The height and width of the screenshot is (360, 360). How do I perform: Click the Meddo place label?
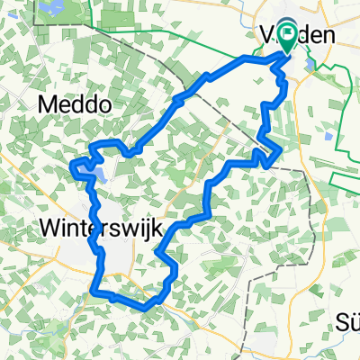[76, 105]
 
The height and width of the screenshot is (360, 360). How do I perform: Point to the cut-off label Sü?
[347, 322]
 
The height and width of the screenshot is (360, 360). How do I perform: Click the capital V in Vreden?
[267, 37]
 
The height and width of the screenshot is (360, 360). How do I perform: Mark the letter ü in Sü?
[353, 322]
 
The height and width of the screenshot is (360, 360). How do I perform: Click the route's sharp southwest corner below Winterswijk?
[94, 290]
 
